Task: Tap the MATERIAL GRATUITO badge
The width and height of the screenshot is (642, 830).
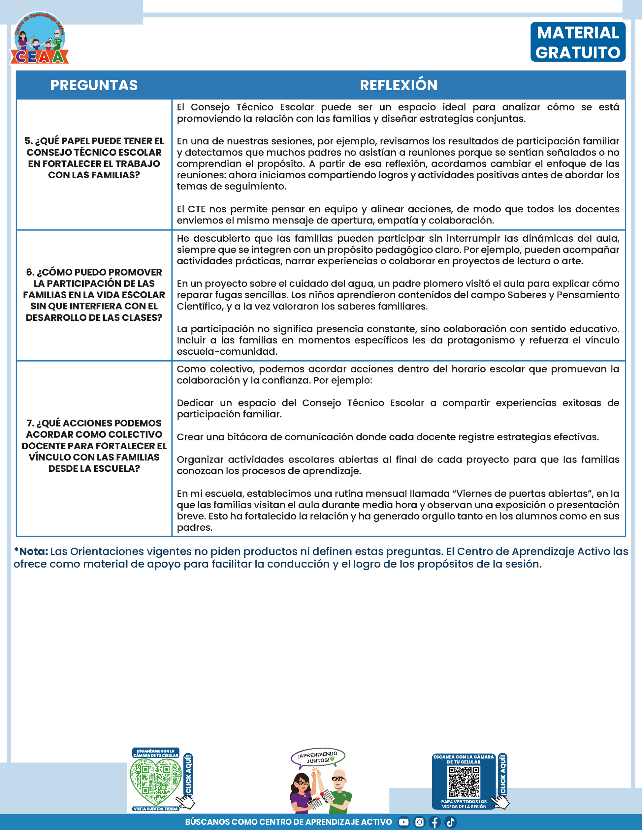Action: tap(578, 42)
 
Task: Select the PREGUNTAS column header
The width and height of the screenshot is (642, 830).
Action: tap(94, 85)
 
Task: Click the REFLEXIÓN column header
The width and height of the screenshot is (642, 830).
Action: tap(399, 85)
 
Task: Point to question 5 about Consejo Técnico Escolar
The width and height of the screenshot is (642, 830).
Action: tap(94, 158)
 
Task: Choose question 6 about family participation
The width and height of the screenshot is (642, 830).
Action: tap(94, 295)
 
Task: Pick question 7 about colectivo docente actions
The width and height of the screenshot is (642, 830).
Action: tap(94, 446)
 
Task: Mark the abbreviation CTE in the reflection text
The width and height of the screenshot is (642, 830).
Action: tap(197, 209)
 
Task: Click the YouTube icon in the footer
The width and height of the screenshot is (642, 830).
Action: tap(403, 822)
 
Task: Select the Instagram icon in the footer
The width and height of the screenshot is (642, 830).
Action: tap(419, 822)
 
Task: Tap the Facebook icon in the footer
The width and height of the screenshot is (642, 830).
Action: tap(435, 822)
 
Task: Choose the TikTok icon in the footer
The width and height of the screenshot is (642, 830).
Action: tap(450, 822)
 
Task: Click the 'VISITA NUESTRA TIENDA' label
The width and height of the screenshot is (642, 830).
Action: tap(156, 809)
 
